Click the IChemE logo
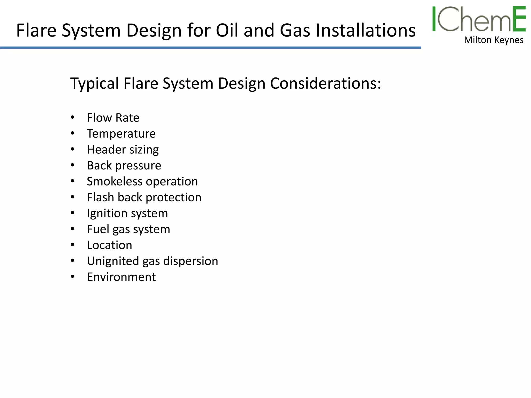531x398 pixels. coord(479,19)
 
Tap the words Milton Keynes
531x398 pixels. coord(493,40)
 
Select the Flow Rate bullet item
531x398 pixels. coord(113,118)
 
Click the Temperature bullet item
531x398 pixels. coord(121,134)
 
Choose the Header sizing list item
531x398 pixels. coord(123,150)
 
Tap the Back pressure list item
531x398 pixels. coord(124,166)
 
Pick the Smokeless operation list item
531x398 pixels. coord(142,181)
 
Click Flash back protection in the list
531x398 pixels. coord(144,197)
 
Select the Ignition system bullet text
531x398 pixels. coord(127,214)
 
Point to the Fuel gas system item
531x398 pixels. coord(128,229)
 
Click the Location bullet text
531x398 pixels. coord(109,245)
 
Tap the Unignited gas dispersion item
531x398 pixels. coord(152,261)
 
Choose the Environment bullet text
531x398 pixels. coord(121,277)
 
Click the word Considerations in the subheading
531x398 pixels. coord(325,83)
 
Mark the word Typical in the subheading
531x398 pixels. coord(95,84)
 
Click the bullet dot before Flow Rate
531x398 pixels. coord(73,117)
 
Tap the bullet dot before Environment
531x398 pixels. coord(73,277)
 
